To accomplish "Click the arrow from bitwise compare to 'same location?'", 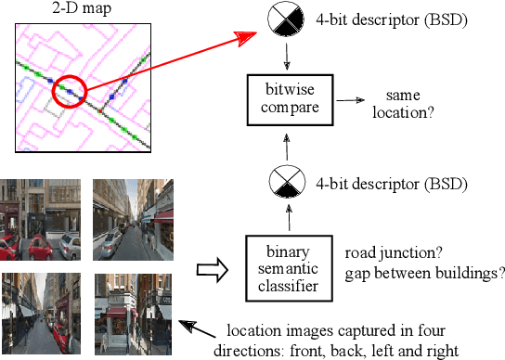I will click(349, 99).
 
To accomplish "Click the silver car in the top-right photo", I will click(140, 229).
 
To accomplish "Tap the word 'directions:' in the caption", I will click(248, 350).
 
